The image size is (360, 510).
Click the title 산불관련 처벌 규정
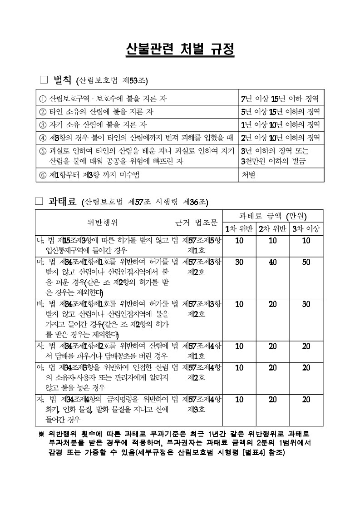click(x=180, y=50)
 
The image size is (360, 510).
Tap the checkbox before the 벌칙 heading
click(x=44, y=80)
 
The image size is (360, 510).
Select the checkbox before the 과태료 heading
click(x=39, y=201)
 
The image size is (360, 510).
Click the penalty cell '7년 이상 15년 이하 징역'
click(x=280, y=99)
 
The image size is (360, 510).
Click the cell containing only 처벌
click(x=248, y=175)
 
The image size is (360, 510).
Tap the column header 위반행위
click(x=103, y=223)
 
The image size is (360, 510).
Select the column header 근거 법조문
click(x=196, y=223)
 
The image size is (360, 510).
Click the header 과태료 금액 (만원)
click(x=273, y=216)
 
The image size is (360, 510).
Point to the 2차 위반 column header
click(x=272, y=228)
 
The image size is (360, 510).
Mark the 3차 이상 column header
click(x=306, y=228)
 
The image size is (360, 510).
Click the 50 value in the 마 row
click(x=306, y=262)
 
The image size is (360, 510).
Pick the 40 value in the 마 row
click(x=272, y=262)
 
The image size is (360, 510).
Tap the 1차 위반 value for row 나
click(x=239, y=240)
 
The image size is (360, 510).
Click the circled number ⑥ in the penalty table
click(x=43, y=175)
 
